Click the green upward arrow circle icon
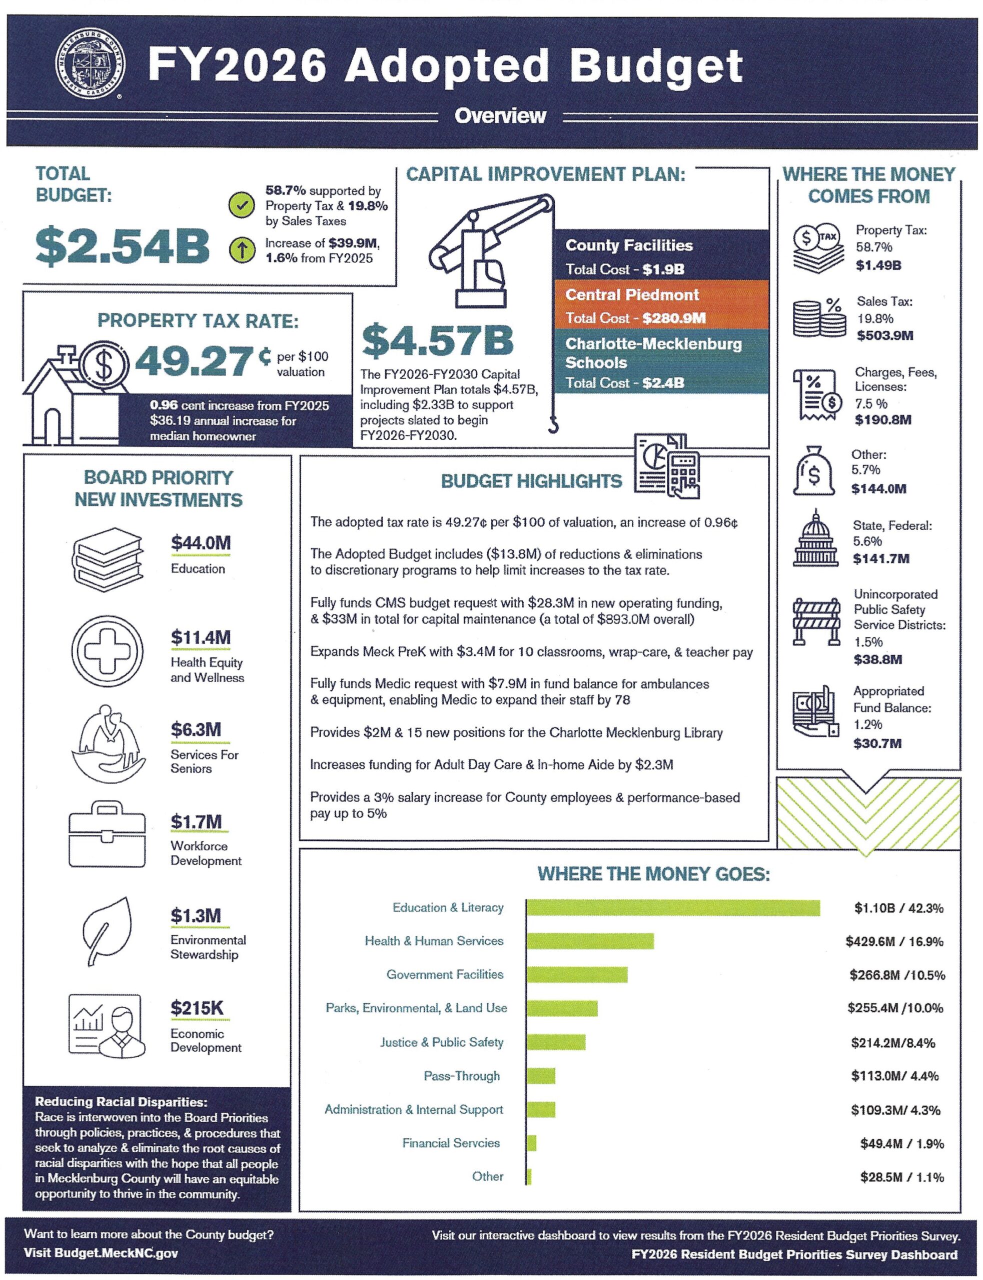coord(241,250)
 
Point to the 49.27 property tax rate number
coord(194,362)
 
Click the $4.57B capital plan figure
coord(438,341)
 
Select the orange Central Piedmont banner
coord(661,305)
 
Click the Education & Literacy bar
coord(673,907)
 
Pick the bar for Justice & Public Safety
coord(556,1042)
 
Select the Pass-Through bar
coord(541,1076)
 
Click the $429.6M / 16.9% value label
coord(894,941)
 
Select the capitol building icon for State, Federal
coord(815,538)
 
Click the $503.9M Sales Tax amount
coord(884,335)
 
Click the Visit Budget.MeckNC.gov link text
coord(101,1253)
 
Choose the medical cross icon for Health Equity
coord(107,651)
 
